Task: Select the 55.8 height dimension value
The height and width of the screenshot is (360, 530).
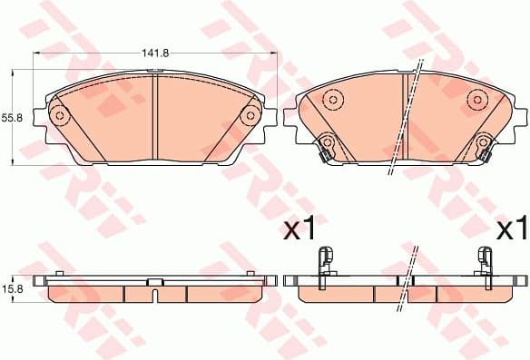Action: (x=10, y=118)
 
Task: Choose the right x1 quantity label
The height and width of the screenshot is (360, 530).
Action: (x=511, y=229)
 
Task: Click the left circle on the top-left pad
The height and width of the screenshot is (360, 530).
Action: (x=60, y=115)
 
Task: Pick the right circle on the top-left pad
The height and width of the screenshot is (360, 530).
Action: (x=250, y=115)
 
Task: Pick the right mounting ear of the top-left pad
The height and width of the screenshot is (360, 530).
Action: (x=270, y=116)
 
